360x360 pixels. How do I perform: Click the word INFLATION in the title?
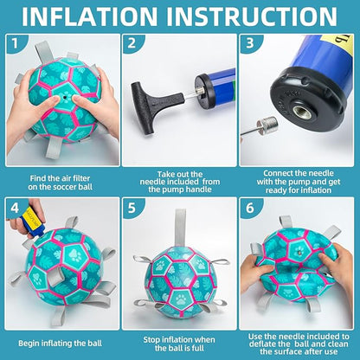[90, 16]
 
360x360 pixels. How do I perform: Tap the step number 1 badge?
[15, 43]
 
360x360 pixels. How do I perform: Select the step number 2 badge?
[132, 43]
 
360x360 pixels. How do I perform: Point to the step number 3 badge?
[250, 42]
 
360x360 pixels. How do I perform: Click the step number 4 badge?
[15, 208]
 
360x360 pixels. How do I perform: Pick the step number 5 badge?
[132, 208]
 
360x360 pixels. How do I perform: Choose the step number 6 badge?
[250, 208]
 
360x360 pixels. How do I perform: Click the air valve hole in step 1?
[66, 98]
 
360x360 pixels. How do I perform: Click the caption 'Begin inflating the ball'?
[60, 344]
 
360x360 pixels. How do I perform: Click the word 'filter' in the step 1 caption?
[80, 178]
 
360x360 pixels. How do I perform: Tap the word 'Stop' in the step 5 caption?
[152, 340]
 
